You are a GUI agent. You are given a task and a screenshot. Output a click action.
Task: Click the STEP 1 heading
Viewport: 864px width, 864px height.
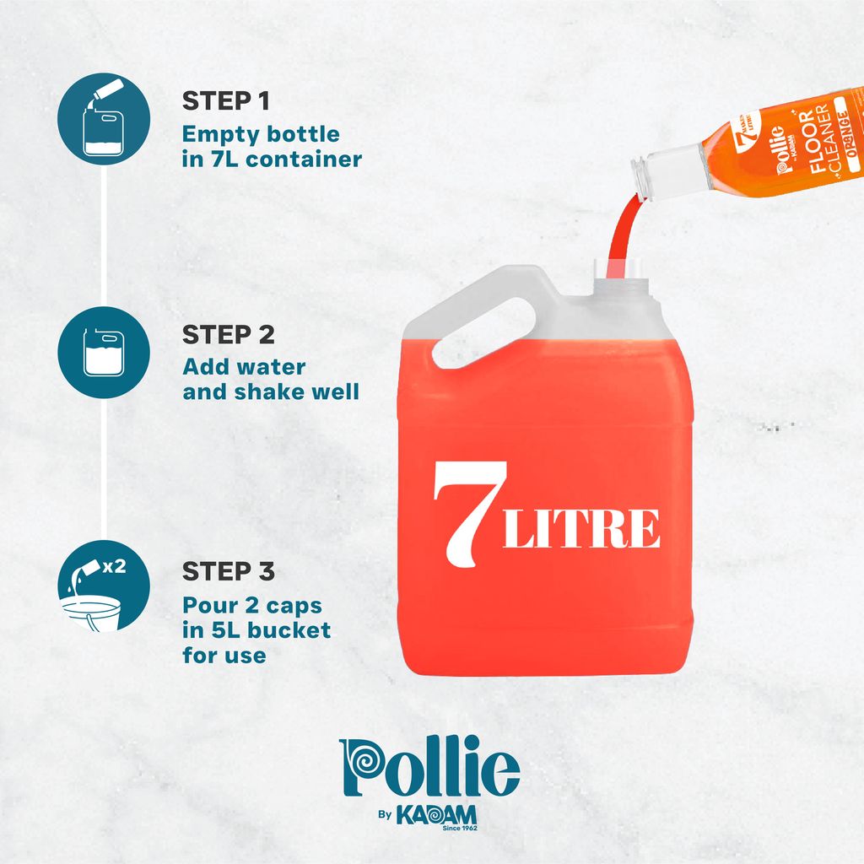point(226,101)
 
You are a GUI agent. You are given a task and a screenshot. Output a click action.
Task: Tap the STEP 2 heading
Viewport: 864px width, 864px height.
point(228,335)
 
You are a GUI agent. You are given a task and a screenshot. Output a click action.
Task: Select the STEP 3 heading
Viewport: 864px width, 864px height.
point(228,571)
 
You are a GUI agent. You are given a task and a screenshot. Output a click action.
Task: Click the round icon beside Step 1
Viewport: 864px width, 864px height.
point(104,119)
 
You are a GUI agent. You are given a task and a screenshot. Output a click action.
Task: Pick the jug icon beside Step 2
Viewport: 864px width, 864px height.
point(104,353)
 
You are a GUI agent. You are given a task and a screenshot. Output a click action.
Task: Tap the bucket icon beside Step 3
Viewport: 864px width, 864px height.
point(104,586)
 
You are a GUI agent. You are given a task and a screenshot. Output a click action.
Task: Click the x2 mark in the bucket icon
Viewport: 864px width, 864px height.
point(114,566)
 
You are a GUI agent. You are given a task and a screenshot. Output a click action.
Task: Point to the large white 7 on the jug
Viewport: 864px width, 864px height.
point(468,514)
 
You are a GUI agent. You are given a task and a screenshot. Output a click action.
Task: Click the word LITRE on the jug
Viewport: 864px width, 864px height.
point(581,528)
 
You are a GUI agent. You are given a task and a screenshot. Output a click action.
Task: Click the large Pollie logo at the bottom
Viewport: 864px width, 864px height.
point(429,766)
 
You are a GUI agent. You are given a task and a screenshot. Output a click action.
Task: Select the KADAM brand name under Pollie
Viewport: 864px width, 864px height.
point(436,815)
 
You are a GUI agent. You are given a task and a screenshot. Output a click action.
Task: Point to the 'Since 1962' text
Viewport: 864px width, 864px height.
point(460,829)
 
